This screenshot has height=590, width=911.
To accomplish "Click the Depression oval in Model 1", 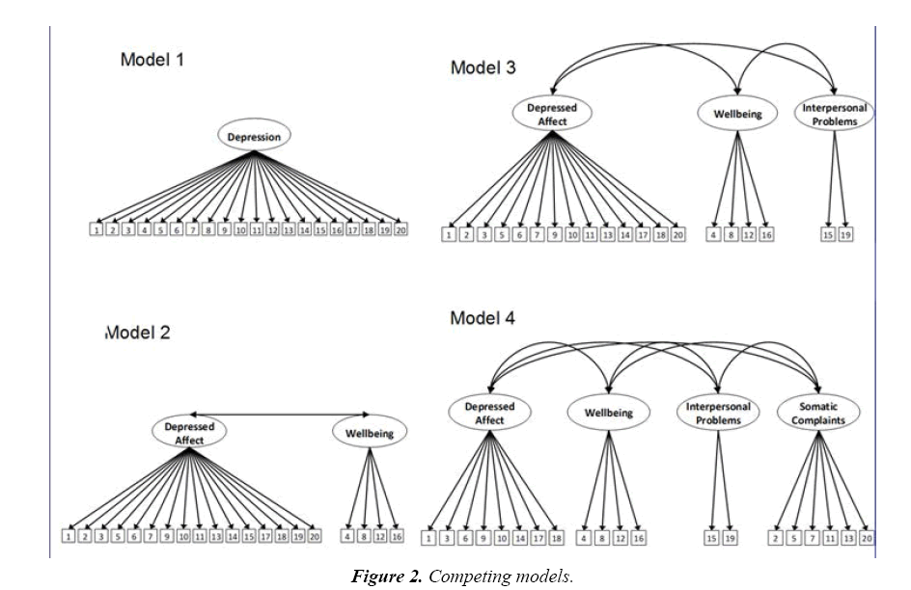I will (254, 137).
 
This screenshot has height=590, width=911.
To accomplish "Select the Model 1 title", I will (152, 60).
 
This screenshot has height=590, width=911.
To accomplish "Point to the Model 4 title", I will (483, 318).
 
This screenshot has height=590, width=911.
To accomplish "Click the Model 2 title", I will (138, 333).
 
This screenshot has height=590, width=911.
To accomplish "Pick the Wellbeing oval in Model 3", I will (736, 114).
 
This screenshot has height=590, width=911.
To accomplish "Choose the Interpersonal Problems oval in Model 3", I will (835, 115).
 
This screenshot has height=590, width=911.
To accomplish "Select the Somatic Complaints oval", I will (815, 414).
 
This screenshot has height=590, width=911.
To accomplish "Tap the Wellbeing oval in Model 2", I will (370, 433).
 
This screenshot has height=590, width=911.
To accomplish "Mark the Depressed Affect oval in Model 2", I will (189, 432).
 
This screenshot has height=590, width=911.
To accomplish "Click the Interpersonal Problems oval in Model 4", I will (717, 414).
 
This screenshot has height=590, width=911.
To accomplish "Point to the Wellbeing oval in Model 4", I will (608, 413).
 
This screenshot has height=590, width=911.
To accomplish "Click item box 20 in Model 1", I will (400, 229).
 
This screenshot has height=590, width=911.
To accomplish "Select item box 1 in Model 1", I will (97, 229).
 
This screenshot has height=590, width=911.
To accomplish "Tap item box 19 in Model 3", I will (846, 234).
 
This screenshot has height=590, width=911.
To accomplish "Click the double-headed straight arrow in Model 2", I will (280, 414).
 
